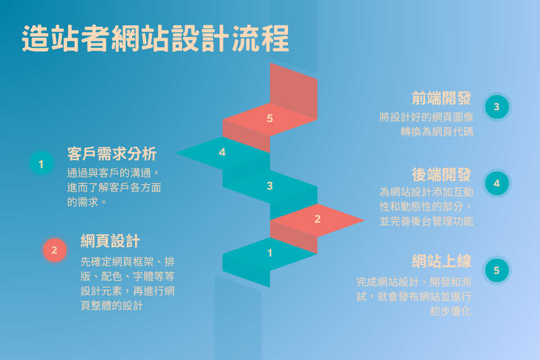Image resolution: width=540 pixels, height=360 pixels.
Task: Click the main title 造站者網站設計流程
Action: coord(155,39)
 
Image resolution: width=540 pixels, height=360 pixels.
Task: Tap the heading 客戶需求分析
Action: coord(112,154)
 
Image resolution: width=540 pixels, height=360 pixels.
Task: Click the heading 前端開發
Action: coord(441,98)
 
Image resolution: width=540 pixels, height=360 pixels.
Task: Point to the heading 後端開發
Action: coord(441,174)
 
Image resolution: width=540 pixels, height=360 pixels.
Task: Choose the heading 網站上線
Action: coord(441,261)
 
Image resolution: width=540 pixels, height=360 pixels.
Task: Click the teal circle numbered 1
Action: coord(41,164)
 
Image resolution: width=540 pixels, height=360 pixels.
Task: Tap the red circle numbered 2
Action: coord(55,250)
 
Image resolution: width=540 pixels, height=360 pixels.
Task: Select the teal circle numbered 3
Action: coord(497,107)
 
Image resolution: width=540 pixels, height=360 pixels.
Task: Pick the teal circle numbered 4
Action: coord(497,183)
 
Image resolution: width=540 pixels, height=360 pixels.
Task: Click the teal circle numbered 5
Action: coord(497,271)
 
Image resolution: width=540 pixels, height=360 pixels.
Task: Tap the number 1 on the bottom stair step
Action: coord(270,253)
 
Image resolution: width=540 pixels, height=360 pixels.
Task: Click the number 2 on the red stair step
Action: coord(317,219)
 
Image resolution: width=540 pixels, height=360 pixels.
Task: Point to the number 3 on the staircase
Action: coord(270,186)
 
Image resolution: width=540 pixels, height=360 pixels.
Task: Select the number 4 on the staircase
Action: coord(222,152)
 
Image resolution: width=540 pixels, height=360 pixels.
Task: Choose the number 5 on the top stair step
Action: coord(270,118)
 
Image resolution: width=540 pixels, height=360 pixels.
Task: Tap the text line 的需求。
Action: coord(87,201)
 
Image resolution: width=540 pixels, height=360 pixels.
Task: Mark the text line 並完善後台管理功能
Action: coord(426,221)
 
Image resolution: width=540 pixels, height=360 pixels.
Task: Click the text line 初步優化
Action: coord(451,310)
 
